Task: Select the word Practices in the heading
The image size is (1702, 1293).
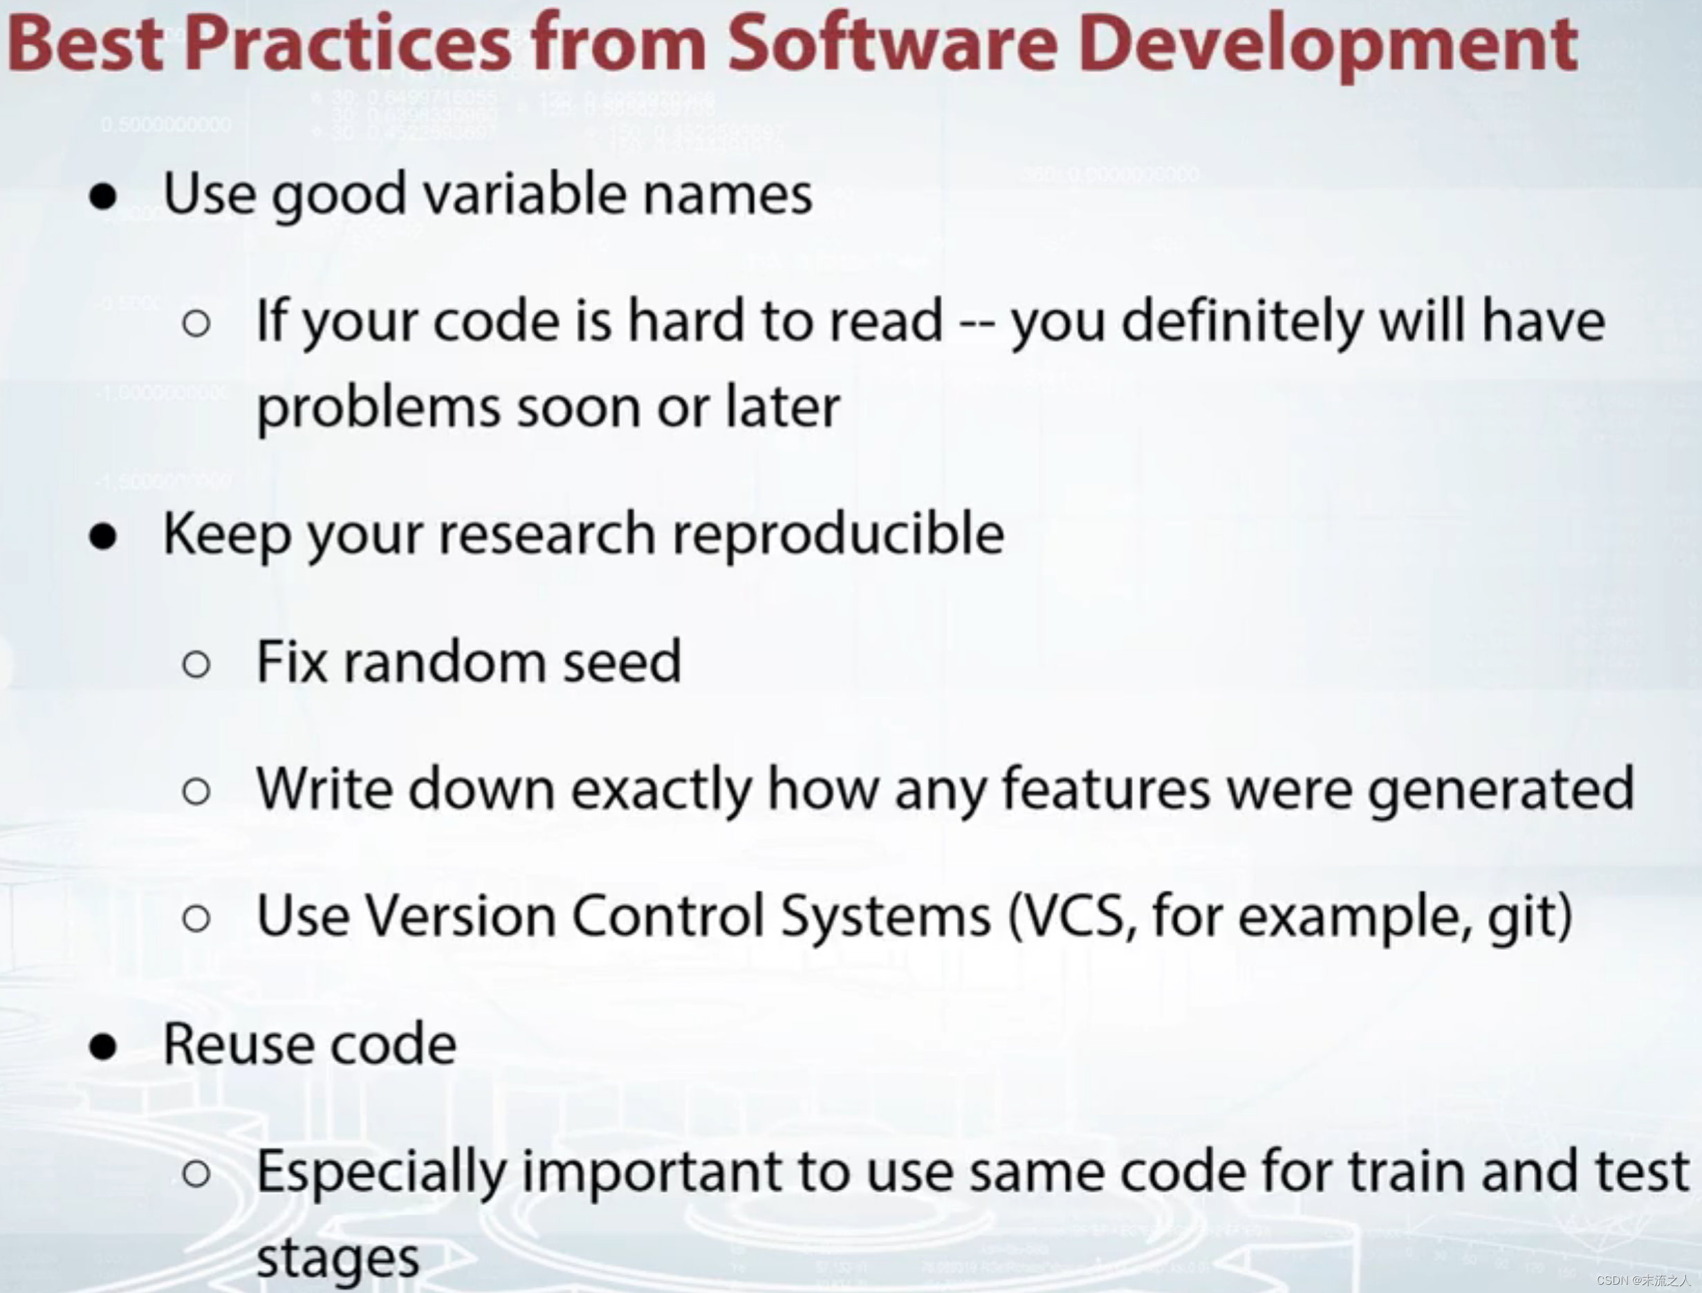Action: click(x=348, y=44)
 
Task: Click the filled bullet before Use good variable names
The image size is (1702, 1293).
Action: click(x=103, y=197)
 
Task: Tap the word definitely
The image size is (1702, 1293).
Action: click(x=1241, y=322)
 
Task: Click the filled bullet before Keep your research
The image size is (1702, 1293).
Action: click(x=103, y=537)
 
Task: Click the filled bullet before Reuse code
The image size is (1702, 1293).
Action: click(x=103, y=1047)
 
